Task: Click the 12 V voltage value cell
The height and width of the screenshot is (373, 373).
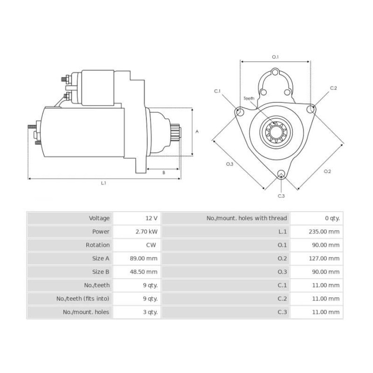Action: (151, 218)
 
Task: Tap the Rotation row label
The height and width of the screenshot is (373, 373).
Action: (98, 245)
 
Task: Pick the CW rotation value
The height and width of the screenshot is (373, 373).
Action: (151, 245)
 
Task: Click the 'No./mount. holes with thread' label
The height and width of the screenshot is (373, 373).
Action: (247, 218)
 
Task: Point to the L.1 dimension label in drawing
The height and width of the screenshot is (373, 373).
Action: (104, 183)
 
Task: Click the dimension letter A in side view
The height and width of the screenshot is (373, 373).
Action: (197, 132)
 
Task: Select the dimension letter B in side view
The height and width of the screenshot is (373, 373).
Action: (164, 173)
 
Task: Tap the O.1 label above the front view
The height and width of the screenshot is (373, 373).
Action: (275, 57)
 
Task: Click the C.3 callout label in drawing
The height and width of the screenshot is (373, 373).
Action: (281, 196)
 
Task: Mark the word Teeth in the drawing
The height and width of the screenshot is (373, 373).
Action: (249, 98)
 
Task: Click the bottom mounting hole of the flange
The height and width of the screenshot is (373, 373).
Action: (281, 174)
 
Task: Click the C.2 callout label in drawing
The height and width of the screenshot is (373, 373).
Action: (333, 88)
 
